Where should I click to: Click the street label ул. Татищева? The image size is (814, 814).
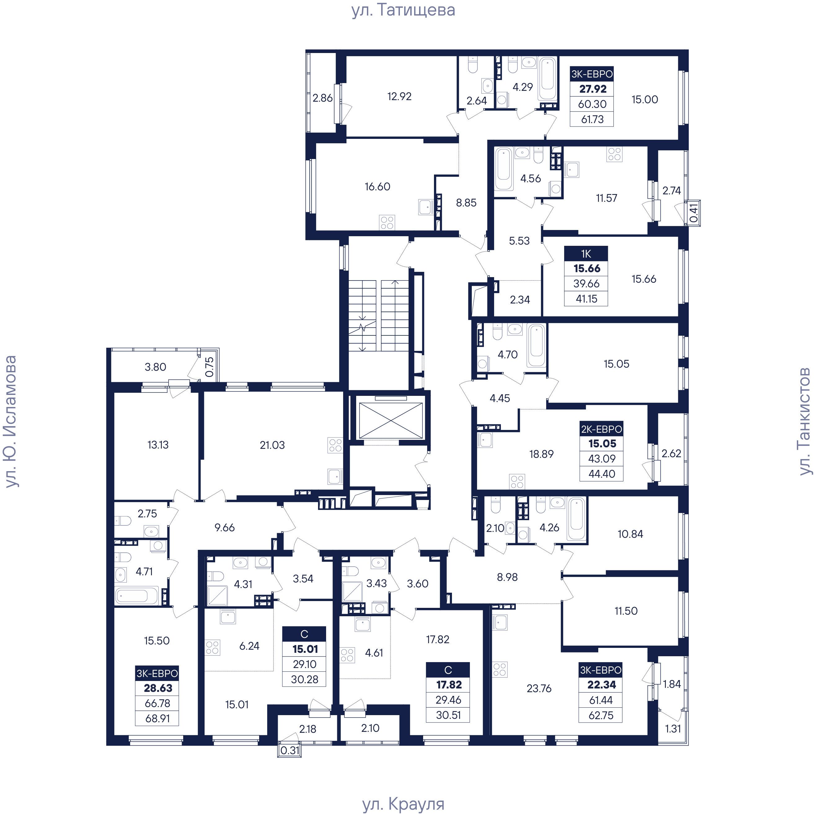click(x=403, y=10)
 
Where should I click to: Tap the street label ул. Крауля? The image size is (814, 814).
click(x=403, y=803)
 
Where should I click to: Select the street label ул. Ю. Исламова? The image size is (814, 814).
click(x=10, y=421)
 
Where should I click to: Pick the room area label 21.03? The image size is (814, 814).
click(x=272, y=445)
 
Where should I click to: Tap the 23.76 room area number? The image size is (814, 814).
click(x=539, y=688)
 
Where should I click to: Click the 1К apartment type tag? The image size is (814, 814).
click(x=586, y=254)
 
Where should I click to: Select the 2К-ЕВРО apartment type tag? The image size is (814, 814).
click(x=601, y=429)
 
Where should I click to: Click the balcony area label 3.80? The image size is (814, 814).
click(x=156, y=367)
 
